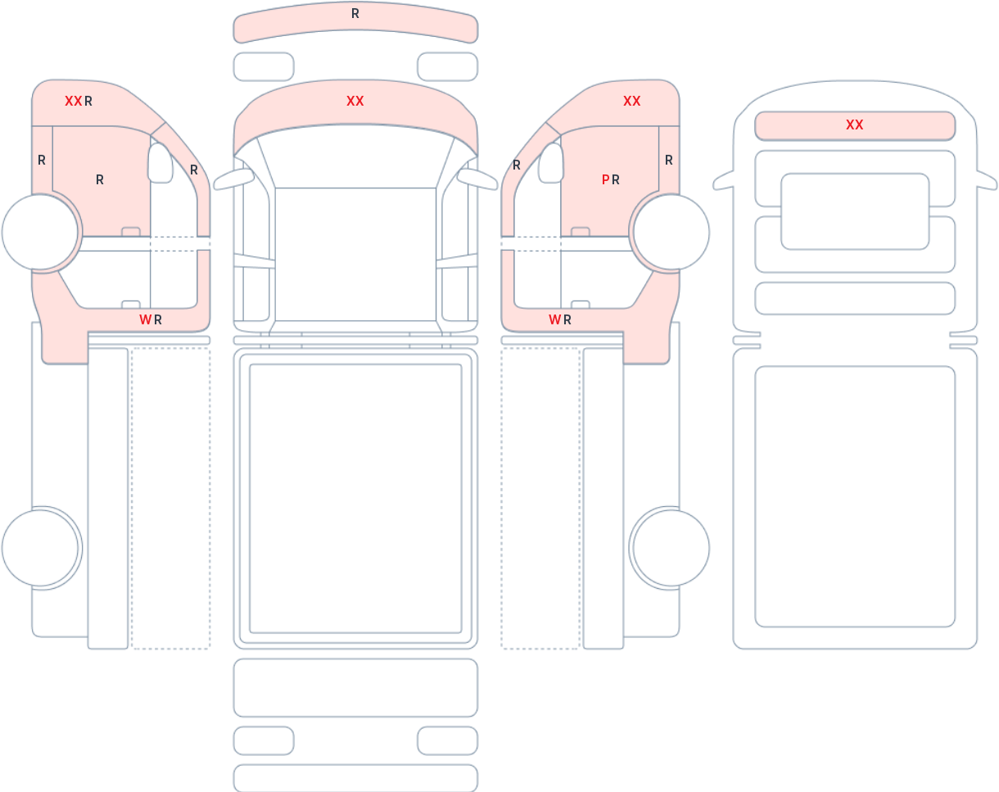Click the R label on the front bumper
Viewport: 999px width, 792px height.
pyautogui.click(x=355, y=14)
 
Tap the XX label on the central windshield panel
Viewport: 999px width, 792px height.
pyautogui.click(x=355, y=102)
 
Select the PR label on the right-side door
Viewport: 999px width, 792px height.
pyautogui.click(x=610, y=179)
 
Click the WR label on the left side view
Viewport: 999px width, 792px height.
pyautogui.click(x=151, y=319)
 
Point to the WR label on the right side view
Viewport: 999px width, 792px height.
pyautogui.click(x=560, y=319)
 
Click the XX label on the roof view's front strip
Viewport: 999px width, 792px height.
pyautogui.click(x=855, y=124)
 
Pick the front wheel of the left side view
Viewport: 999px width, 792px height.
pyautogui.click(x=40, y=232)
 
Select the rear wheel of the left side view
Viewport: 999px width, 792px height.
pyautogui.click(x=40, y=548)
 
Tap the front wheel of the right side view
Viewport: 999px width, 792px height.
pyautogui.click(x=671, y=232)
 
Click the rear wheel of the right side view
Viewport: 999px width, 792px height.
pyautogui.click(x=671, y=548)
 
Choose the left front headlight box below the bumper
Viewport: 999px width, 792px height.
pyautogui.click(x=264, y=67)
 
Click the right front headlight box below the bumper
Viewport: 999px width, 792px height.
pyautogui.click(x=448, y=67)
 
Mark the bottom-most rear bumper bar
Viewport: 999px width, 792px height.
pyautogui.click(x=355, y=777)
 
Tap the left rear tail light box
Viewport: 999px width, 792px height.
pyautogui.click(x=264, y=741)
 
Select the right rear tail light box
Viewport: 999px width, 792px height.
pyautogui.click(x=448, y=741)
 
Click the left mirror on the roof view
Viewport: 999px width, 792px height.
pyautogui.click(x=723, y=181)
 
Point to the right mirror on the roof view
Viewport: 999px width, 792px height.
pyautogui.click(x=987, y=181)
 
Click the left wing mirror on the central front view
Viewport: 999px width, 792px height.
pyautogui.click(x=233, y=179)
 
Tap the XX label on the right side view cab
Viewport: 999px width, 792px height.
pyautogui.click(x=632, y=102)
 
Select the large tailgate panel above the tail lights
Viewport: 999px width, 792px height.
pyautogui.click(x=355, y=687)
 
